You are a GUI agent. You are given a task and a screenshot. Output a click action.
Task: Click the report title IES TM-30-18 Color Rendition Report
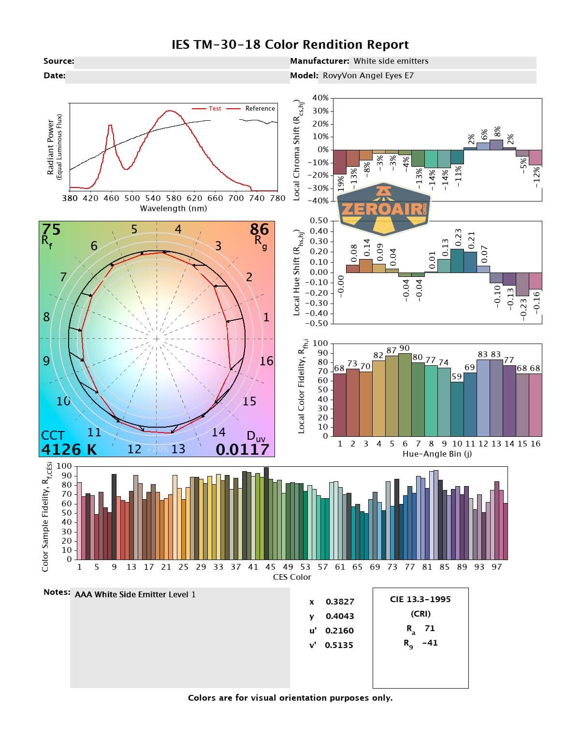coord(290,45)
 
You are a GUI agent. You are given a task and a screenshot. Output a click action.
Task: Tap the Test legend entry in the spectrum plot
coord(215,109)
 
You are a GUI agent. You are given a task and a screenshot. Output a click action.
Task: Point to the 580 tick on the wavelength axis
coord(174,198)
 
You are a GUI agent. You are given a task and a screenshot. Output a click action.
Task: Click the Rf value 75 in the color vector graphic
coord(51,230)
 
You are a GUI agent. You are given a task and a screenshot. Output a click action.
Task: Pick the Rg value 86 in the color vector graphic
coord(259,229)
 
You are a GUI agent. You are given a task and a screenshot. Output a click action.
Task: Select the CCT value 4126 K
coord(69,449)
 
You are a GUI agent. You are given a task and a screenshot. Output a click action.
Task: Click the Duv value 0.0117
coord(242,449)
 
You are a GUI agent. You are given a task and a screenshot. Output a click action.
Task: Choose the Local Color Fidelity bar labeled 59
coord(457,409)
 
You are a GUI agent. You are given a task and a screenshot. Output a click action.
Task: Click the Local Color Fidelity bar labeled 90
coord(405,394)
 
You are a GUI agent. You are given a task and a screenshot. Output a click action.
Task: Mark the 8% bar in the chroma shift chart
coord(496,144)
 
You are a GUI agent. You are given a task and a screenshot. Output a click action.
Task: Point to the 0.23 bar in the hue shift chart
coord(457,260)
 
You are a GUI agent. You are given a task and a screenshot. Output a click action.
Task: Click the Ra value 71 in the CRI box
coord(430,628)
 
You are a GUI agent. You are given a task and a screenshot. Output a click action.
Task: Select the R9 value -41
coord(429,643)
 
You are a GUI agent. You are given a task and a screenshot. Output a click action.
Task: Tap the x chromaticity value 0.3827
coord(340,602)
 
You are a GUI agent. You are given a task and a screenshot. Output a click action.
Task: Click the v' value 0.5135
coord(339,645)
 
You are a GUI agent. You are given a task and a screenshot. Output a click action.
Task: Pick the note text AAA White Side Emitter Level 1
coord(135,595)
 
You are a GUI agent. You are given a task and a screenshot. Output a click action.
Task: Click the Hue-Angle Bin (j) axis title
coord(437,454)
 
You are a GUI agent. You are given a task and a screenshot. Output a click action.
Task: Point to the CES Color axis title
coord(292,577)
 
